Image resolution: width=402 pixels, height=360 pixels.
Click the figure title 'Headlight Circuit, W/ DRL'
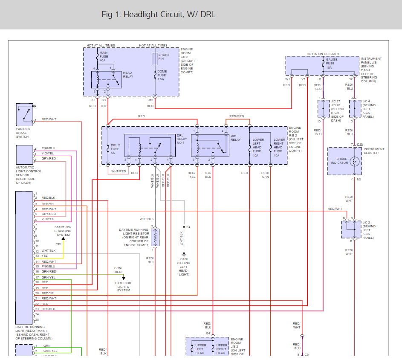(159, 15)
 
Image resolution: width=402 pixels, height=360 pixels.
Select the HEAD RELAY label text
(128, 75)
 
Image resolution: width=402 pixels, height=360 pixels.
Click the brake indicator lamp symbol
(356, 161)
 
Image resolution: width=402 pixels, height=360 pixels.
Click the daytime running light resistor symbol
(156, 238)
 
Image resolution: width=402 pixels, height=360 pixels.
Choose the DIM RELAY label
(236, 138)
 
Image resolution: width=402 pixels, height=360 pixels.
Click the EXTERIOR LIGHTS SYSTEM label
(123, 287)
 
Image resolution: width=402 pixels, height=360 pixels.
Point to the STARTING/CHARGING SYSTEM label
(63, 231)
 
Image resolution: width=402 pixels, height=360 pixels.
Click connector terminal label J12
(150, 100)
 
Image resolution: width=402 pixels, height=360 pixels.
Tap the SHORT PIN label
(164, 56)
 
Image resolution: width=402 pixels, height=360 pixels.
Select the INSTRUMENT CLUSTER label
(374, 151)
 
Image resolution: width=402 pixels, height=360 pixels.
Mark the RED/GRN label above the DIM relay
(237, 116)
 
